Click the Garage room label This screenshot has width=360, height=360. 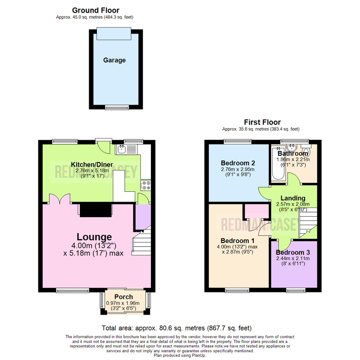(x=114, y=60)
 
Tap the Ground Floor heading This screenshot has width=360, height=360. (x=96, y=11)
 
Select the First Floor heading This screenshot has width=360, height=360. (x=262, y=122)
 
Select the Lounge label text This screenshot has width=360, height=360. (x=94, y=237)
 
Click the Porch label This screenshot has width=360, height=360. (x=124, y=297)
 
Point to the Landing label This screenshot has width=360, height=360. (x=293, y=198)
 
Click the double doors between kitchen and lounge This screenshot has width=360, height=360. (x=60, y=199)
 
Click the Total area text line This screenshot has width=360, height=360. (x=177, y=328)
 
